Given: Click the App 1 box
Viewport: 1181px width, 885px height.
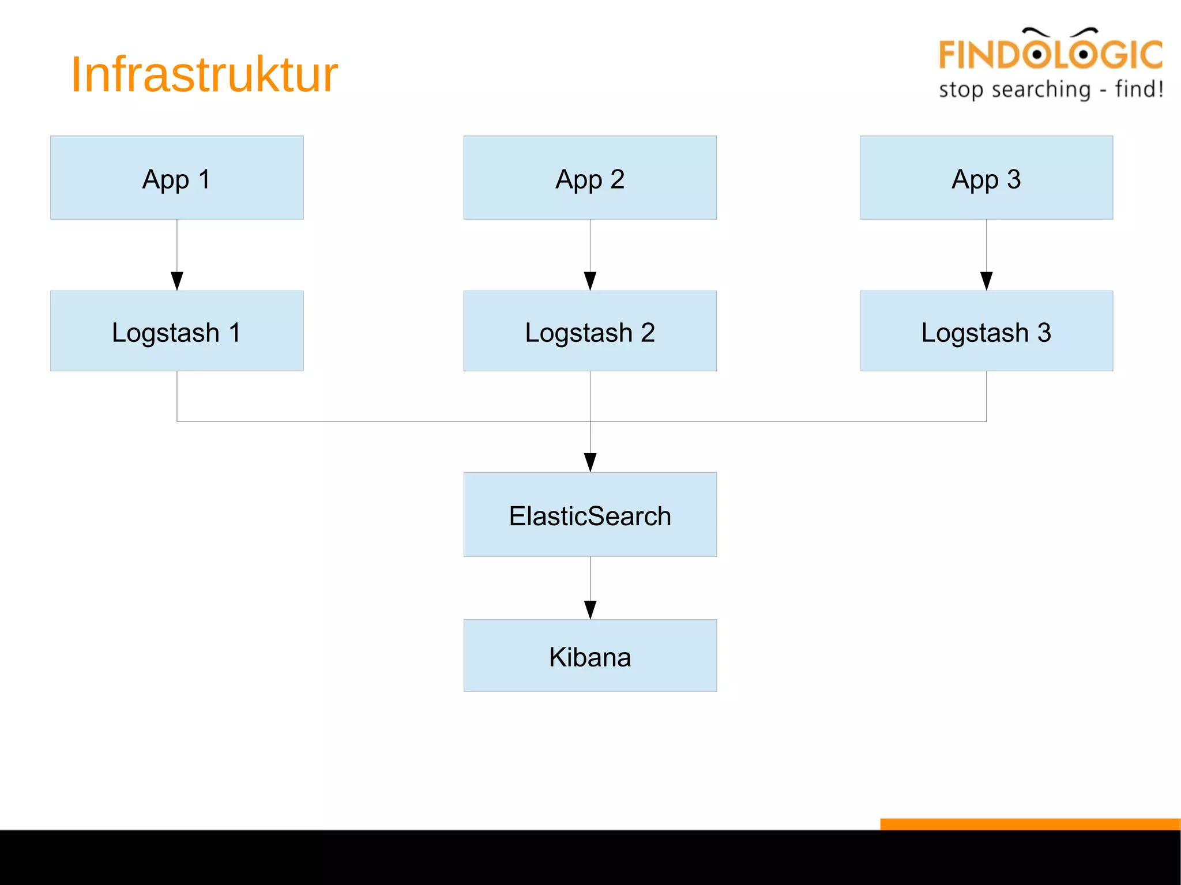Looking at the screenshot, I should click(176, 178).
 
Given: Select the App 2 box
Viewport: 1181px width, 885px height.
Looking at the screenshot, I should click(590, 178).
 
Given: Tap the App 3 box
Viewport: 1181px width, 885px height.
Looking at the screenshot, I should click(986, 178).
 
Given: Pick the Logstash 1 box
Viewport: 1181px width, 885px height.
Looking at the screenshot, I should click(176, 331).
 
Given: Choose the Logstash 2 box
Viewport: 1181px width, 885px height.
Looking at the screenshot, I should click(590, 331).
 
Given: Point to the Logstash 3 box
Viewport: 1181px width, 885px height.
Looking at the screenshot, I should click(986, 331).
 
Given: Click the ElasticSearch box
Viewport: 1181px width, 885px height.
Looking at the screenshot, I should click(590, 514).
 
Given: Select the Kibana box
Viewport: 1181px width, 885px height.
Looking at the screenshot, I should click(590, 656).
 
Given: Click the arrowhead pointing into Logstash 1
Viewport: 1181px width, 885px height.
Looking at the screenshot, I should click(177, 281).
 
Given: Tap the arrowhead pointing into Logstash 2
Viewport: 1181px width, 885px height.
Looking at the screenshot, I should click(590, 281).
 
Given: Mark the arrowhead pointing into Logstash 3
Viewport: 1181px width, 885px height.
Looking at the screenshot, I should click(987, 281).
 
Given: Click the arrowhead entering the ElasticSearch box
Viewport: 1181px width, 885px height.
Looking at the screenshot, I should click(590, 462).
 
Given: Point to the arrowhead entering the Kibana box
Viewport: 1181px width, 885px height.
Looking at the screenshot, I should click(590, 609).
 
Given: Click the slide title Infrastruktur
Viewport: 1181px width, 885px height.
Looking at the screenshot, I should click(204, 74).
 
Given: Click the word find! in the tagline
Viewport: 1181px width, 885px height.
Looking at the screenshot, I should click(1139, 89).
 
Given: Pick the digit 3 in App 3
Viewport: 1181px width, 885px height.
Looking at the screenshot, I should click(1014, 179).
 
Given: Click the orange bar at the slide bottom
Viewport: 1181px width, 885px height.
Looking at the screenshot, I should click(1030, 824).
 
